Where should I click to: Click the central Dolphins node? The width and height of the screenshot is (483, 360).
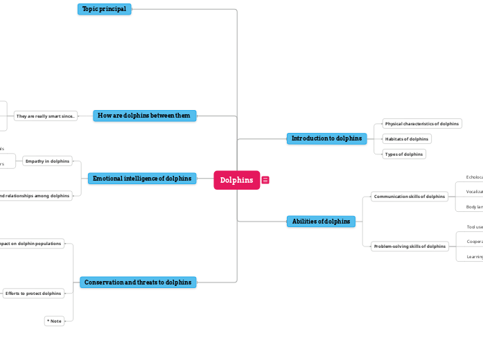tap(236, 180)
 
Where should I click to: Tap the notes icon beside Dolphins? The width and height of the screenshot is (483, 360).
tap(265, 180)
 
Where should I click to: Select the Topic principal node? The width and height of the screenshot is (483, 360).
tap(104, 9)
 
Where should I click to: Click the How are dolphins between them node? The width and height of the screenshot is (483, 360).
tap(144, 116)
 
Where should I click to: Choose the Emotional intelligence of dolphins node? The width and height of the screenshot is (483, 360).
tap(142, 179)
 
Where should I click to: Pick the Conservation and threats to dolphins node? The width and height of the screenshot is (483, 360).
tap(138, 282)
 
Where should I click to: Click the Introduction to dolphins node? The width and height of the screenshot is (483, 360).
tap(326, 138)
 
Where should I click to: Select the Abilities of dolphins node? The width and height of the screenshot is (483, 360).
tap(321, 222)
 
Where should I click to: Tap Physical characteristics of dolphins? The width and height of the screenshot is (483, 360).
tap(422, 124)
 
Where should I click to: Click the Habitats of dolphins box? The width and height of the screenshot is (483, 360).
tap(407, 139)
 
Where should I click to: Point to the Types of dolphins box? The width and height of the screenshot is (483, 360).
tap(404, 154)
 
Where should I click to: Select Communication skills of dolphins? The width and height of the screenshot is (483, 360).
tap(409, 197)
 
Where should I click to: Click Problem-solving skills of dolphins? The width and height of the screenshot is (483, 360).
tap(410, 246)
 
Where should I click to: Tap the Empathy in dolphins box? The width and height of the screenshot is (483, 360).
tap(47, 161)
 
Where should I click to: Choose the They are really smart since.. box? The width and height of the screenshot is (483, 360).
tap(46, 116)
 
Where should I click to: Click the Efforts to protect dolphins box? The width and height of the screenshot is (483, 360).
tap(33, 294)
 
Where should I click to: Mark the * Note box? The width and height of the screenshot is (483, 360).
tap(54, 321)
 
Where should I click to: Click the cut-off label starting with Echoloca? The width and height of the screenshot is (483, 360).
tap(474, 177)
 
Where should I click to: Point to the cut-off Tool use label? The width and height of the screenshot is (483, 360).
tap(475, 227)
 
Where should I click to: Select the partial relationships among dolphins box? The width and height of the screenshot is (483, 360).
tap(34, 196)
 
